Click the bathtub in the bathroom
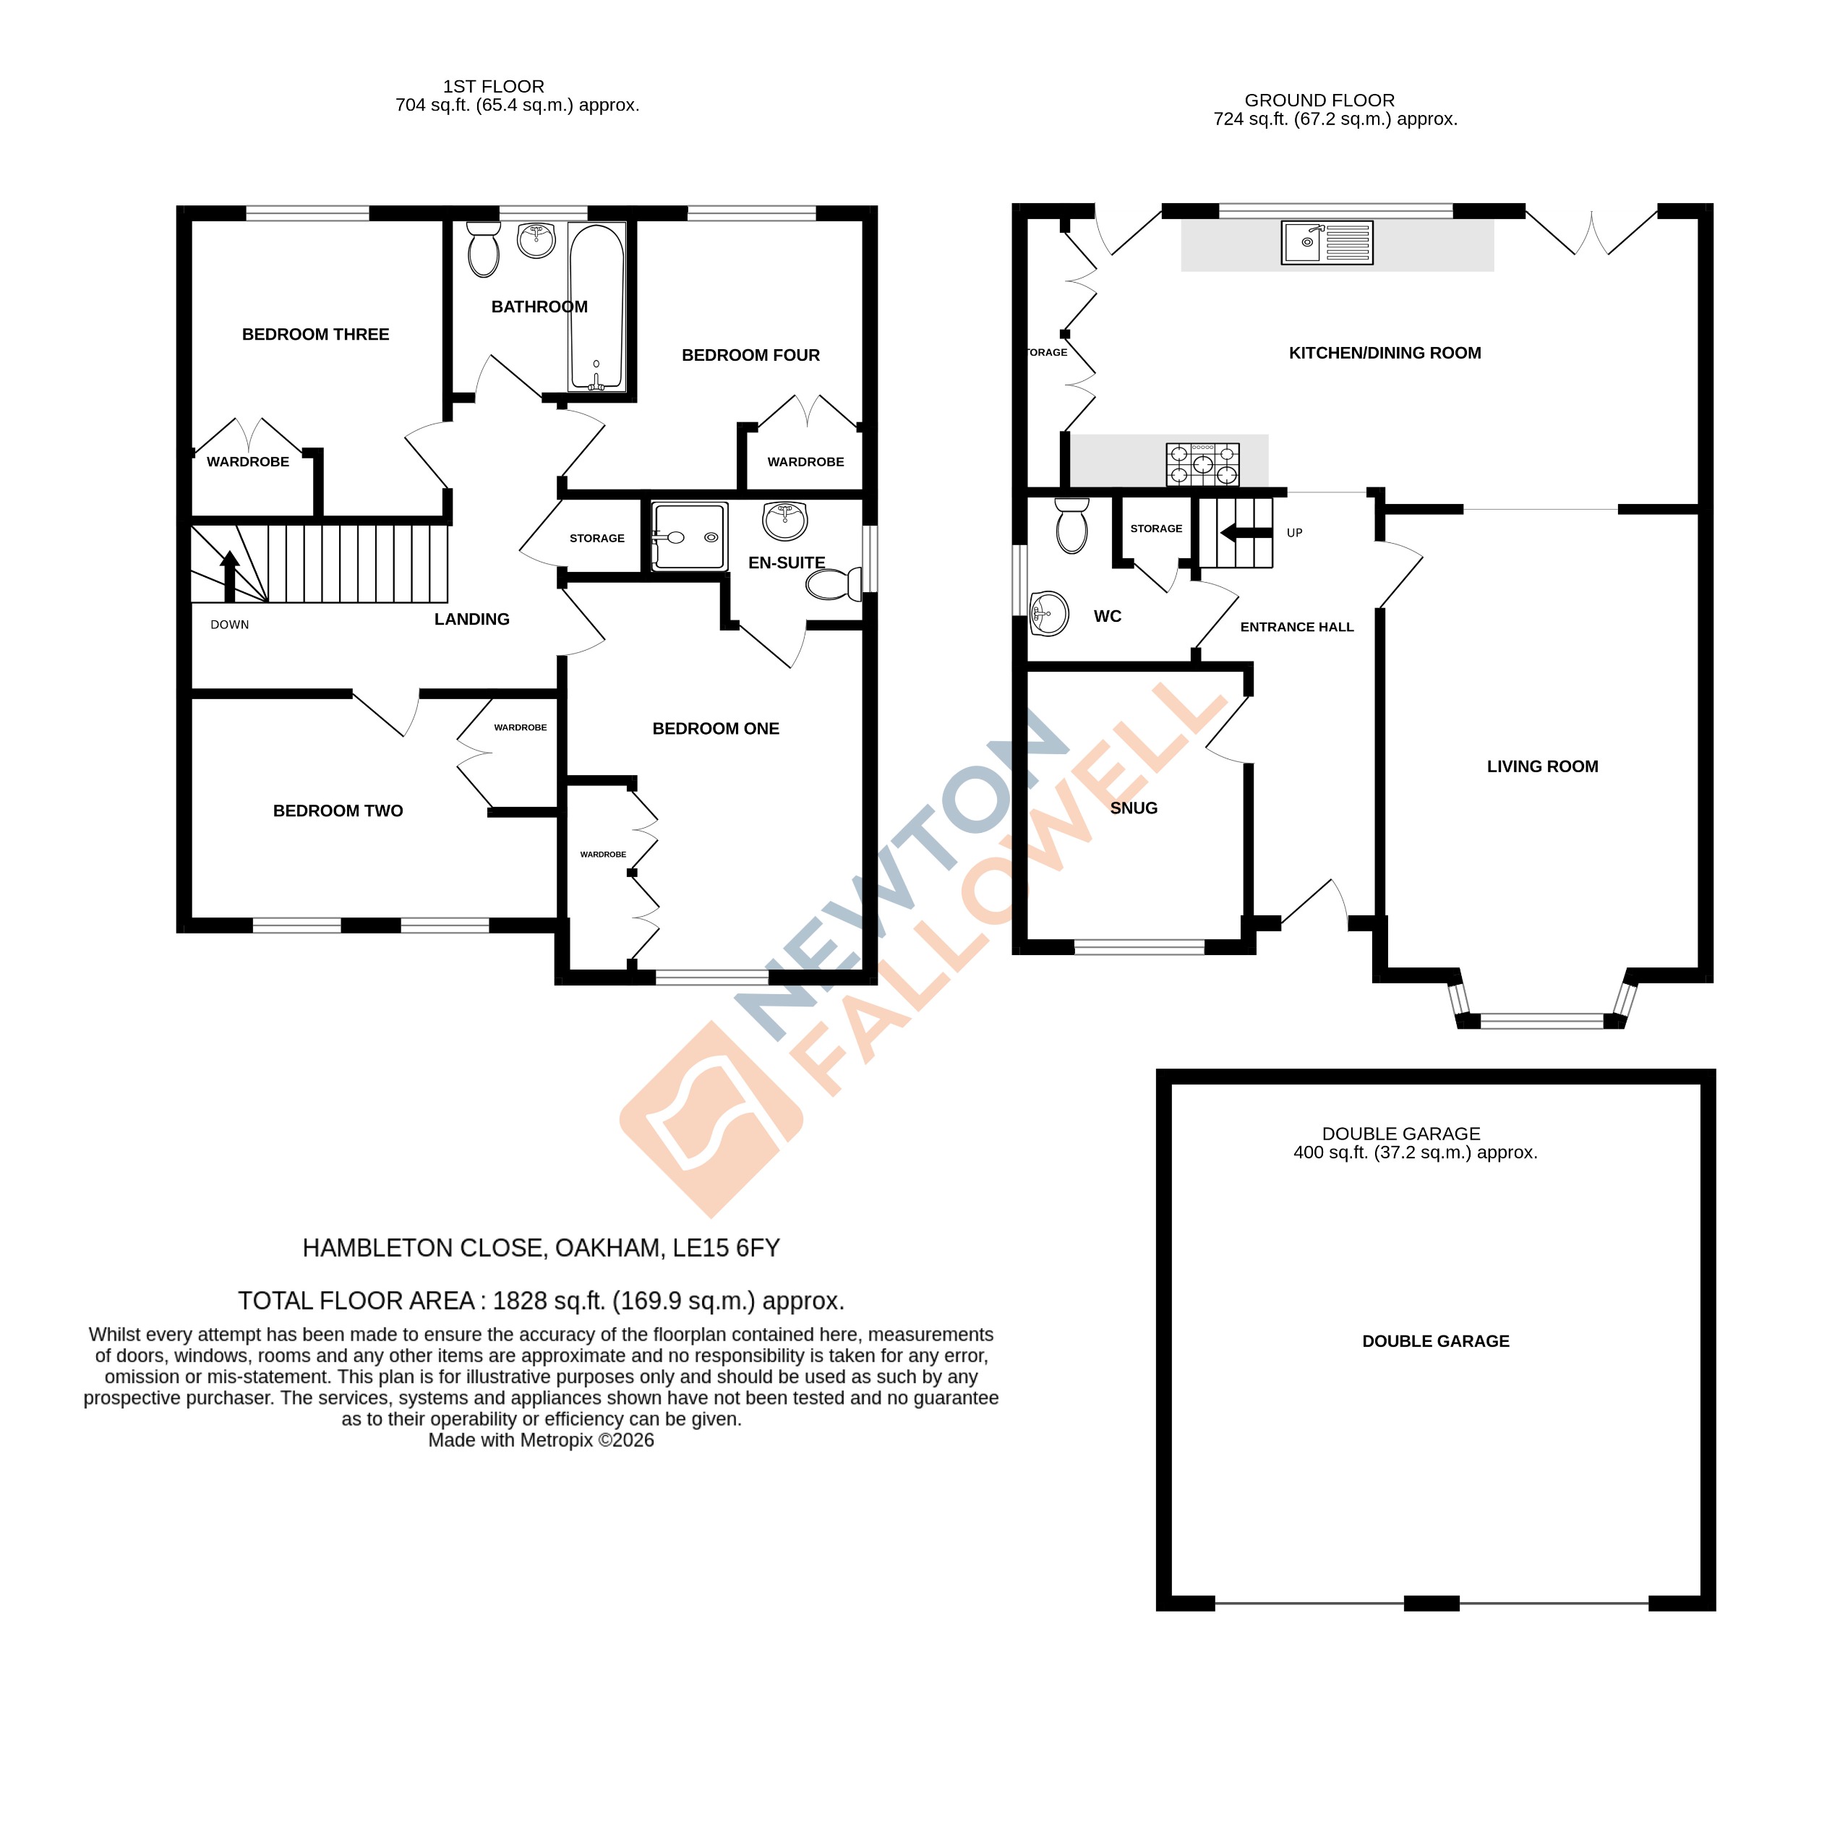(596, 307)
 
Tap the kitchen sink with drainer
(1327, 242)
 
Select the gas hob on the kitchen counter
(1203, 464)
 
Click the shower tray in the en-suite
(688, 537)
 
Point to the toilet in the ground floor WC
(1072, 526)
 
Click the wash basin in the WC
(1048, 613)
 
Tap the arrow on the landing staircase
(229, 576)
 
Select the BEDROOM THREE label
(315, 334)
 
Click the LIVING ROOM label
(1542, 766)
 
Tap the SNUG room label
(1134, 808)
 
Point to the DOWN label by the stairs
(229, 625)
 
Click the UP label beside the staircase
(1294, 532)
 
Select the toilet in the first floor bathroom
(484, 249)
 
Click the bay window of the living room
(1542, 1021)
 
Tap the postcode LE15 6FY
(726, 1248)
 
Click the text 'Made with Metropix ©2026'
(541, 1440)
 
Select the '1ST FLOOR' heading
(493, 87)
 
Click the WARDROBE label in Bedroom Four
(805, 462)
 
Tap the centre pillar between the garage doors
(1432, 1603)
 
